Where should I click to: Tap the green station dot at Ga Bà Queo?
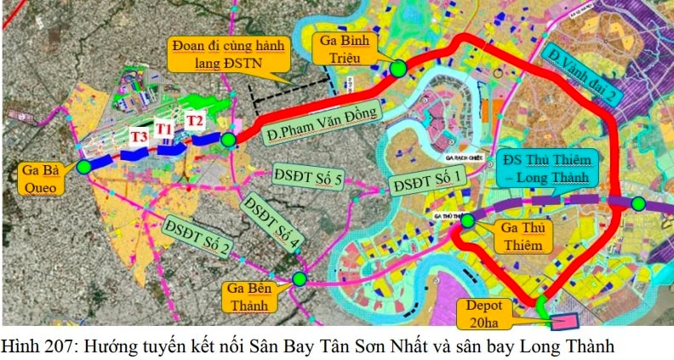(83, 167)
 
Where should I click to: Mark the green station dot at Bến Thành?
(300, 278)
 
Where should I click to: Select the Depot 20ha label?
(494, 314)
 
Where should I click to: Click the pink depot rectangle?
(563, 323)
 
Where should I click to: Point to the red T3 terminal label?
(139, 136)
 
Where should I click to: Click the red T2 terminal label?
(196, 120)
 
